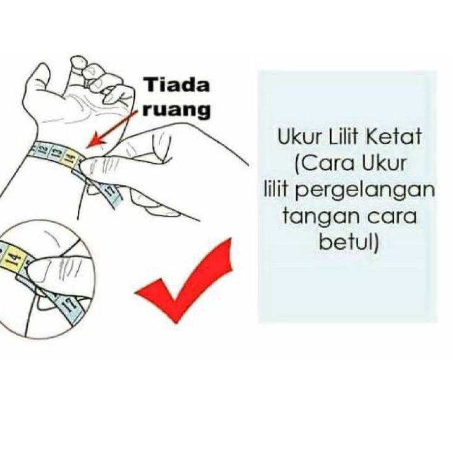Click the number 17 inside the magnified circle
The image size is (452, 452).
point(70,303)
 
